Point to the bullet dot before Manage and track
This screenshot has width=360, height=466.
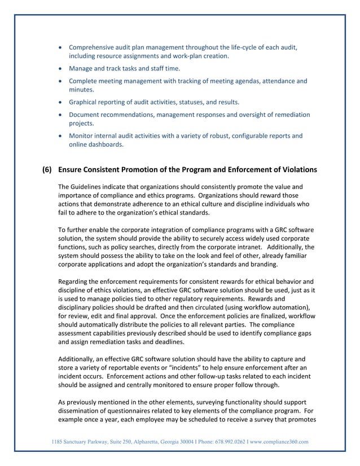(61, 69)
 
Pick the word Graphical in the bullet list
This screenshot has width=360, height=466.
(84, 102)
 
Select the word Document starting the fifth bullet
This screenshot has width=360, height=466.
(86, 115)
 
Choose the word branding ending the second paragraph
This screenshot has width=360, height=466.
(262, 264)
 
